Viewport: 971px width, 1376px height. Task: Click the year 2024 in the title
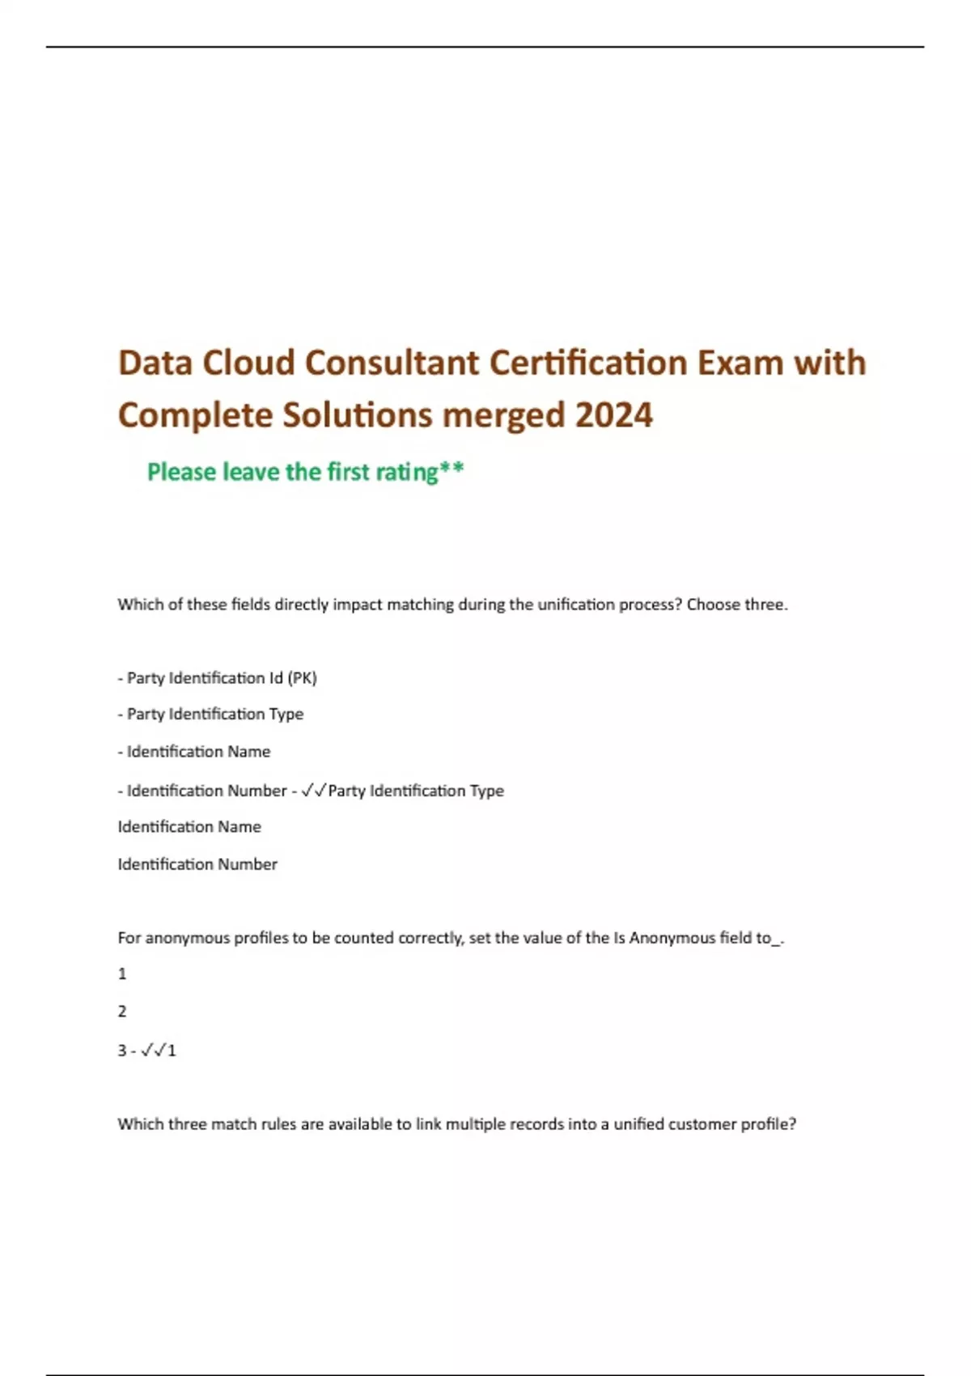[x=613, y=415]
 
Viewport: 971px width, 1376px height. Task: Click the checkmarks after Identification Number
[x=313, y=791]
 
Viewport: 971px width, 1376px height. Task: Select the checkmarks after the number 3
[x=153, y=1051]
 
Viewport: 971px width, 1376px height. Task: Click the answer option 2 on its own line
[x=122, y=1011]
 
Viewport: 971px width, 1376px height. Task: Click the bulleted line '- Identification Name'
[x=194, y=752]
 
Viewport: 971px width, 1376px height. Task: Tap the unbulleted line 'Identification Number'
[x=197, y=864]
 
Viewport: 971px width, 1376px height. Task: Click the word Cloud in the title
[x=248, y=363]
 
